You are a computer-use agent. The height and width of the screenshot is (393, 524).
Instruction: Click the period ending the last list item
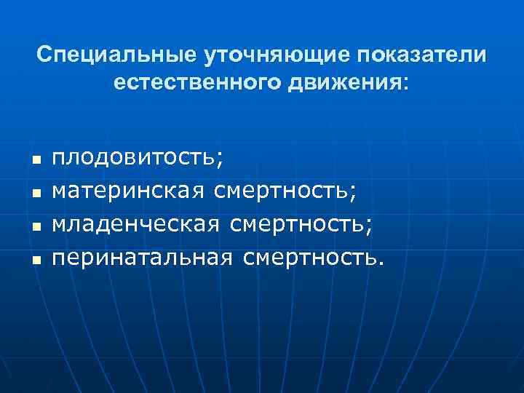[379, 265]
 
